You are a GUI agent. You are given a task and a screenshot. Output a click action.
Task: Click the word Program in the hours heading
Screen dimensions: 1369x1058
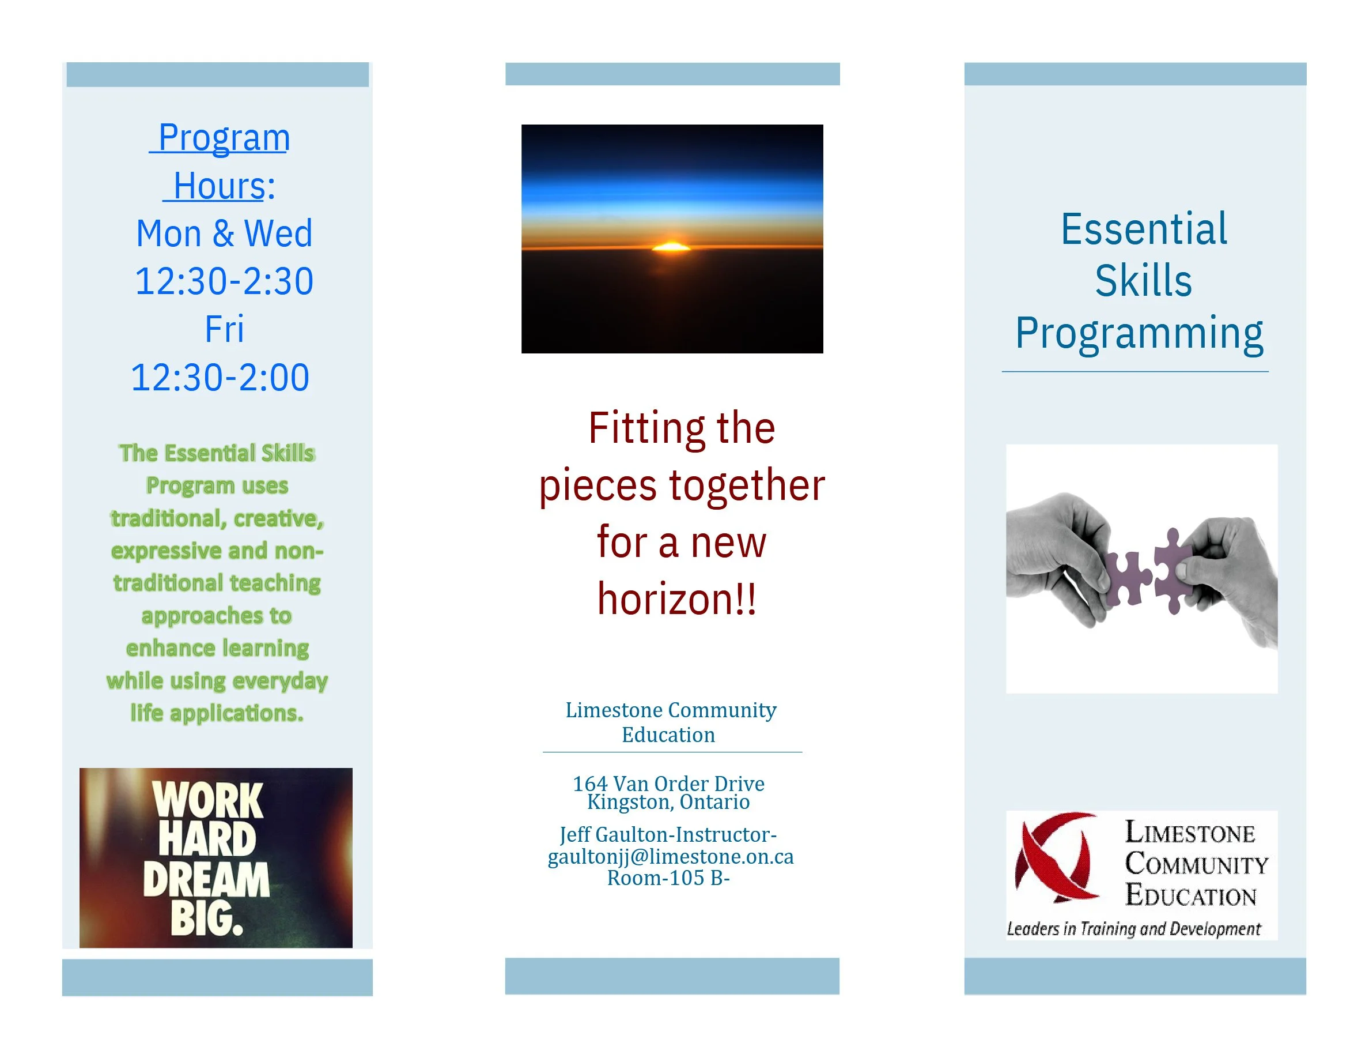224,138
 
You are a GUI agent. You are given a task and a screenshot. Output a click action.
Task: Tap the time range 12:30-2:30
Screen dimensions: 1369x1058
224,281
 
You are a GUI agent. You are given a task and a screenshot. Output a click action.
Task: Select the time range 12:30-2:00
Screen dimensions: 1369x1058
220,378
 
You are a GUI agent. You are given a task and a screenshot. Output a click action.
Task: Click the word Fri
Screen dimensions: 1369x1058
224,329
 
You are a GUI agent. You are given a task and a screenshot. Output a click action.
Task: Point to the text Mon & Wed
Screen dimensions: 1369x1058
224,234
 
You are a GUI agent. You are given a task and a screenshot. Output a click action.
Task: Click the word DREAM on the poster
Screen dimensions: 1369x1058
206,879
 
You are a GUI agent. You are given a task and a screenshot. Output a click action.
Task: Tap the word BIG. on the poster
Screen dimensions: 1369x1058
207,919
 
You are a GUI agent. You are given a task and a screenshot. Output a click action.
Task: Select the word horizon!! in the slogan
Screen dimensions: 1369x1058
677,599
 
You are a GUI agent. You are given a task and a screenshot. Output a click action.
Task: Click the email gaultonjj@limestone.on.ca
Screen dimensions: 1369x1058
671,857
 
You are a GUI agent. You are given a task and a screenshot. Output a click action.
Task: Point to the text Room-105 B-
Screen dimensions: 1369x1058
668,878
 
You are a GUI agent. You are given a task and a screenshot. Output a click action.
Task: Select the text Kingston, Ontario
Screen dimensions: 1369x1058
668,802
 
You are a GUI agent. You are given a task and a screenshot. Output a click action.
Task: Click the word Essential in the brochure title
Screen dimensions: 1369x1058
1143,229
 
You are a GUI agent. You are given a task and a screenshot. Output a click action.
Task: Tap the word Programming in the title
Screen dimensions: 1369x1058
1139,334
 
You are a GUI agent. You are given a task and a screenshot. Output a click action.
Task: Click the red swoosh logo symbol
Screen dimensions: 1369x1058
1057,857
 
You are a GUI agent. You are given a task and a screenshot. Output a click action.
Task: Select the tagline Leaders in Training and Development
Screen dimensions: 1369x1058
1133,929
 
